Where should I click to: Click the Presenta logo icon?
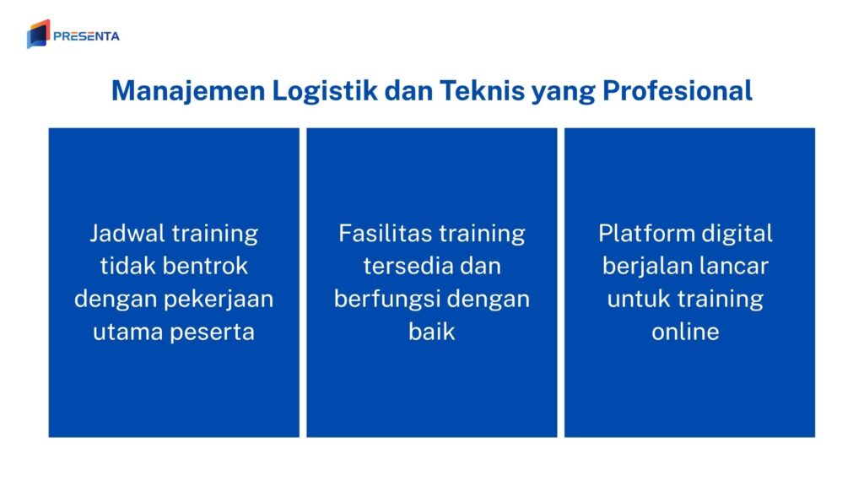pos(38,34)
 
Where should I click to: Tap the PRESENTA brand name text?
pos(86,36)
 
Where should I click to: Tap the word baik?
pos(431,332)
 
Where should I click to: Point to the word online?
pos(685,332)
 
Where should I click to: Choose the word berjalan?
pos(645,266)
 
